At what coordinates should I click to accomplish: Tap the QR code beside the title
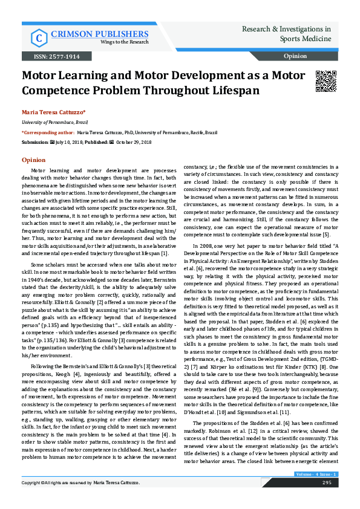point(326,82)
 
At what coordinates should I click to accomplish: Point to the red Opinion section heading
point(33,160)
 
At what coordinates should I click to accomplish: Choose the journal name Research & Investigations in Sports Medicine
point(286,34)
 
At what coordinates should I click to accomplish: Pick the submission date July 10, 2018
point(67,141)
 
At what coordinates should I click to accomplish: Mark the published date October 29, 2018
point(134,141)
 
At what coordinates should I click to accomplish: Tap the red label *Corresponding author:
point(48,132)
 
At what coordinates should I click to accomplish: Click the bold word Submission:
point(34,141)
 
